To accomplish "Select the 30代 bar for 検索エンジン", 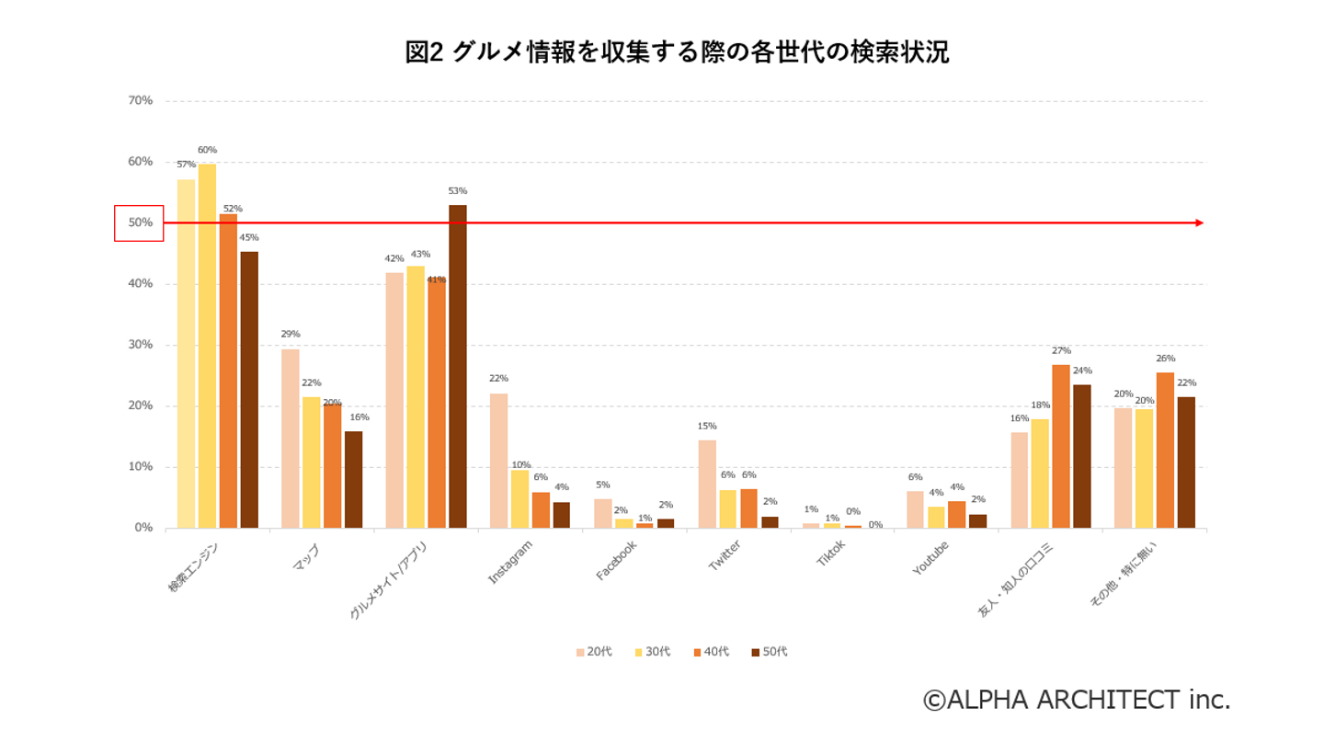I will pyautogui.click(x=207, y=346).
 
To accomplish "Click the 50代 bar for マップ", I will pyautogui.click(x=353, y=479).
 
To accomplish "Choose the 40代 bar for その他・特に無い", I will pyautogui.click(x=1165, y=450).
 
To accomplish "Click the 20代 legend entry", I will pyautogui.click(x=593, y=652).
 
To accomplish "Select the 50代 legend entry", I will pyautogui.click(x=769, y=652).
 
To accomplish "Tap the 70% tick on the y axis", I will pyautogui.click(x=140, y=100).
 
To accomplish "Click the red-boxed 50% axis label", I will pyautogui.click(x=139, y=223).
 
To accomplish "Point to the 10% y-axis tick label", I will pyautogui.click(x=140, y=466).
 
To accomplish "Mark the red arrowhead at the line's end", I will pyautogui.click(x=1199, y=223).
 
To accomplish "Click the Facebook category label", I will pyautogui.click(x=616, y=559).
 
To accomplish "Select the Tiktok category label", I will pyautogui.click(x=830, y=553).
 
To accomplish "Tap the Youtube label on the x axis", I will pyautogui.click(x=930, y=556).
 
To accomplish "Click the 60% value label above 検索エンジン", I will pyautogui.click(x=207, y=150).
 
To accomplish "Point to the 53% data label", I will pyautogui.click(x=457, y=191).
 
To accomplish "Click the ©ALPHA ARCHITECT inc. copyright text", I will pyautogui.click(x=1076, y=700).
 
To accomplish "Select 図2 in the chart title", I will pyautogui.click(x=425, y=52).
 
